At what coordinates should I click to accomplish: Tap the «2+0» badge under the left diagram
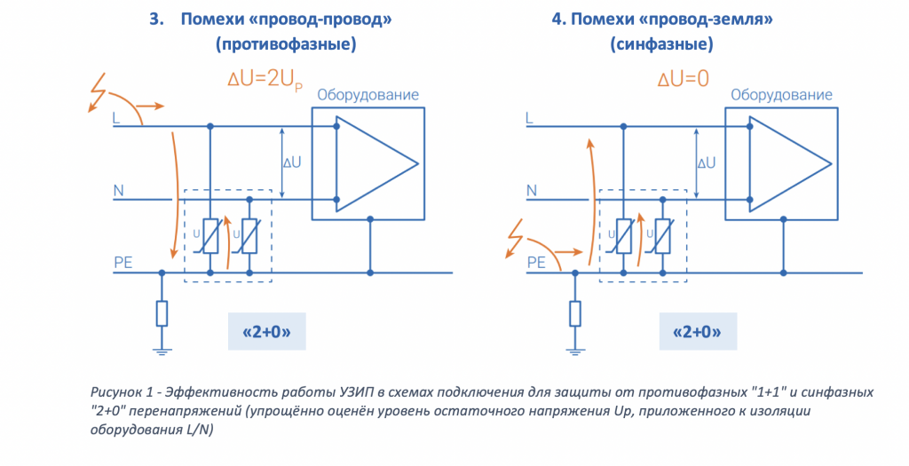pyautogui.click(x=266, y=334)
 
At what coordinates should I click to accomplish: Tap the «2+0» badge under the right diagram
pyautogui.click(x=697, y=334)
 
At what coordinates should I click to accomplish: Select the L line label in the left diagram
pyautogui.click(x=117, y=117)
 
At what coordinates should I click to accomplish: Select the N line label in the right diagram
pyautogui.click(x=532, y=190)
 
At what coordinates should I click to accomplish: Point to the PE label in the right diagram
pyautogui.click(x=536, y=262)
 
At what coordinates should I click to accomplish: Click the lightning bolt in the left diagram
pyautogui.click(x=95, y=91)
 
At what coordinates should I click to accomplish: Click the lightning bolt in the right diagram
pyautogui.click(x=515, y=240)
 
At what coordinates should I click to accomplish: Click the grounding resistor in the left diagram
pyautogui.click(x=162, y=313)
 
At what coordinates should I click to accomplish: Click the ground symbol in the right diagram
pyautogui.click(x=575, y=351)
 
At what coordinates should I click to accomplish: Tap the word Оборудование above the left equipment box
pyautogui.click(x=368, y=95)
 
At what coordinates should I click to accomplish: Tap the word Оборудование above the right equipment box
pyautogui.click(x=781, y=95)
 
